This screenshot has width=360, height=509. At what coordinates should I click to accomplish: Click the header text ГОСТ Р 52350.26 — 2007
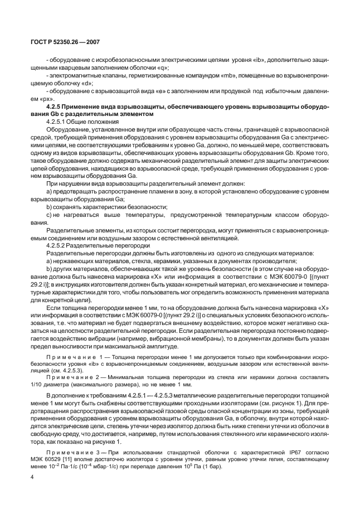point(55,42)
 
